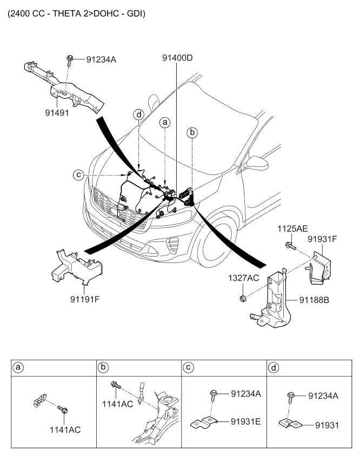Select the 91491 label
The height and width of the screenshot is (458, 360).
61,114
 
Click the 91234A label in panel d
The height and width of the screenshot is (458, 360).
323,396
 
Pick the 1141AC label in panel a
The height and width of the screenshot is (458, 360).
66,430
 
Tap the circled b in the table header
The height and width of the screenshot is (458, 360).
103,368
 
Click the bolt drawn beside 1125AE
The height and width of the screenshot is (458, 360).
289,246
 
